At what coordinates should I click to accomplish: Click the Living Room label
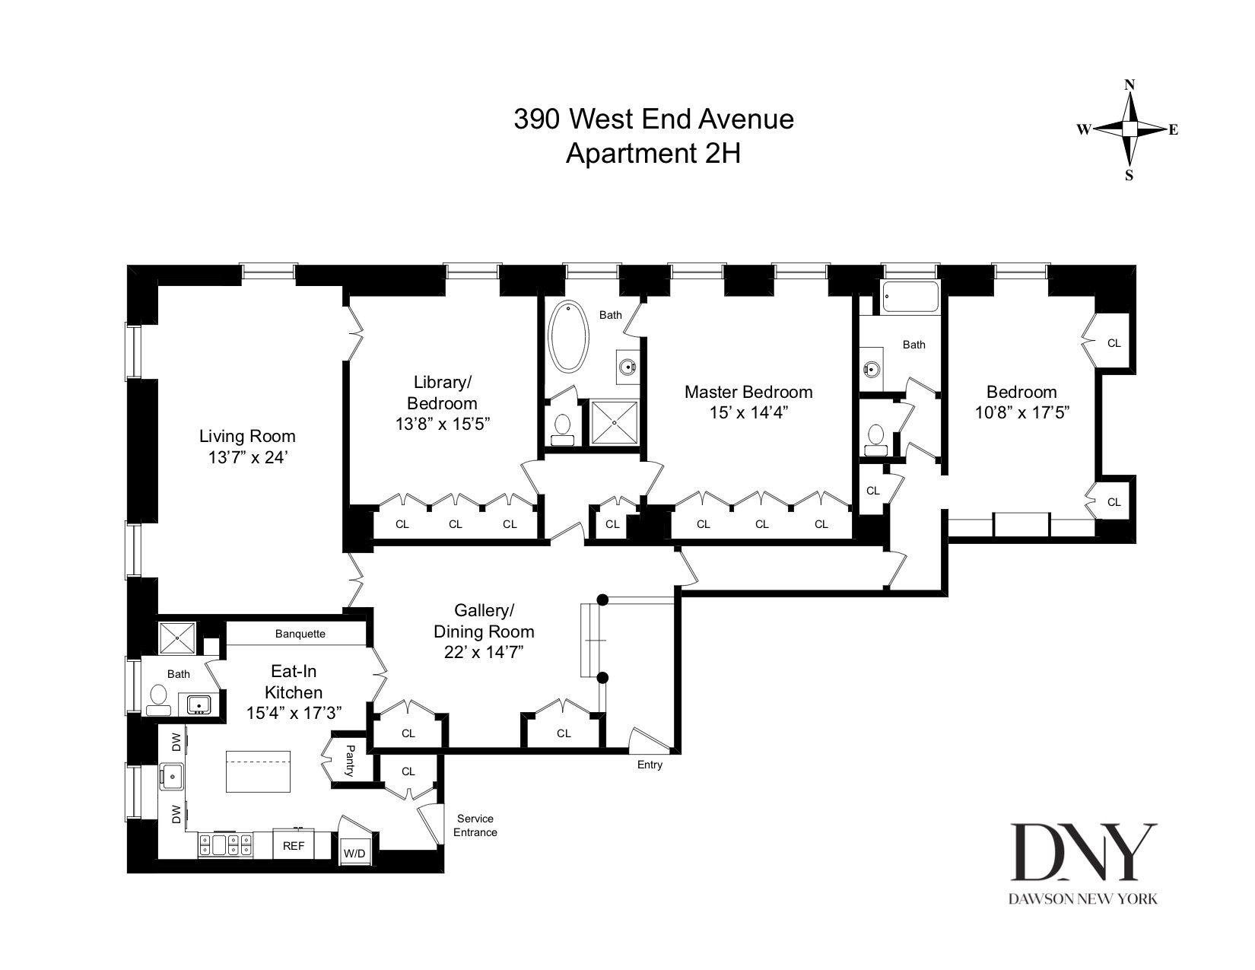[x=247, y=436]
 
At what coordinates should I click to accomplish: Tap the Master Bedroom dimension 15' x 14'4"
[x=748, y=413]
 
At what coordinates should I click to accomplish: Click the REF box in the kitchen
[x=294, y=845]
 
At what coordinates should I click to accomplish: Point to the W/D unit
[x=354, y=854]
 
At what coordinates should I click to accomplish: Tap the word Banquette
[x=300, y=634]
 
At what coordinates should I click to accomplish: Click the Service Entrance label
[x=475, y=825]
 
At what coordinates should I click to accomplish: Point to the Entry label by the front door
[x=650, y=765]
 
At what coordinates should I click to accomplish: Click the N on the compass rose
[x=1129, y=85]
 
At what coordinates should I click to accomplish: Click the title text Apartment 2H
[x=653, y=154]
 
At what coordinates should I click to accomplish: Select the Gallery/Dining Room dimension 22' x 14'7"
[x=484, y=652]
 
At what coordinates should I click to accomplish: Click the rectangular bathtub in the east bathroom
[x=910, y=297]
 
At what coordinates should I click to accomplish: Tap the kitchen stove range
[x=225, y=844]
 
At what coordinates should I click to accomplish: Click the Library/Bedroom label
[x=442, y=393]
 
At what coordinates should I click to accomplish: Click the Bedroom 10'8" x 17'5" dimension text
[x=1021, y=413]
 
